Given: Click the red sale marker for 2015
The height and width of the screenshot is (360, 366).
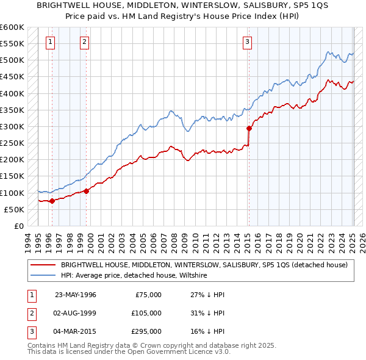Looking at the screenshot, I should point(249,128).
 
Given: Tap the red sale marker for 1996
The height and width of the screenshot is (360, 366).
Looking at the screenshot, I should point(52,201).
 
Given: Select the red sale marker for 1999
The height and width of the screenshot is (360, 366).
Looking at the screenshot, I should point(86,191).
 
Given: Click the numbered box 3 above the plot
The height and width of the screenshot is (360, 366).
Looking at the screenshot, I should point(247,42).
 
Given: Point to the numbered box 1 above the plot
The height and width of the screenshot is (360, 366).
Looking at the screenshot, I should point(49,42).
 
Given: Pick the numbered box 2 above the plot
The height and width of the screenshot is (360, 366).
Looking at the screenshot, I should point(84,42).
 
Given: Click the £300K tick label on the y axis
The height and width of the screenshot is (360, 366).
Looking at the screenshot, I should point(12,126).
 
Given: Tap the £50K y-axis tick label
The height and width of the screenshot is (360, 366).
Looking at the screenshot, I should point(13,209).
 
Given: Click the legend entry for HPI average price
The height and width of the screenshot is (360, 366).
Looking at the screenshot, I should point(134,276).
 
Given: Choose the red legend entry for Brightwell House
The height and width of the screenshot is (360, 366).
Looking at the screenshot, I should point(204,265).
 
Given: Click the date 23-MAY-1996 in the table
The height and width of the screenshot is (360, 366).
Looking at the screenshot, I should point(76,295).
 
